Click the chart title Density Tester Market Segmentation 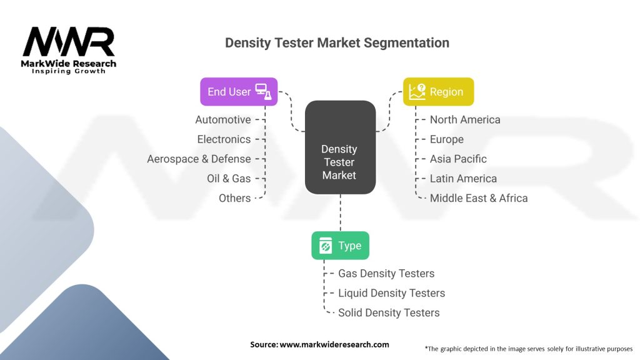click(x=337, y=43)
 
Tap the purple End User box click(x=239, y=91)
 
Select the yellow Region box click(x=438, y=91)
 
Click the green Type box click(x=340, y=246)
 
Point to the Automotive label click(x=223, y=119)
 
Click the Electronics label click(x=224, y=139)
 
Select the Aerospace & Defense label click(x=199, y=159)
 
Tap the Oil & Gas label click(x=229, y=178)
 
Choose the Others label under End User click(x=234, y=198)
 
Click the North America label click(x=465, y=119)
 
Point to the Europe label click(x=447, y=139)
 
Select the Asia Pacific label click(x=458, y=159)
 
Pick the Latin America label click(x=463, y=178)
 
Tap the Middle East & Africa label click(x=479, y=198)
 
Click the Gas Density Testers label click(x=386, y=273)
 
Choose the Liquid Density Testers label click(x=392, y=293)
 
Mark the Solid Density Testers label click(x=389, y=312)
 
